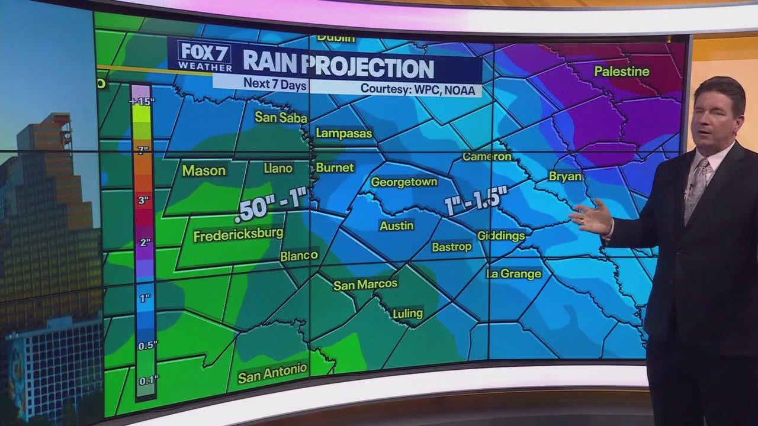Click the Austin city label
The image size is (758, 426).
(397, 225)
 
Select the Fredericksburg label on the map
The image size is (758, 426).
(238, 235)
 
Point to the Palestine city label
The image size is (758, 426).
(622, 72)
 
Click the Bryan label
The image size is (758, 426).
(566, 176)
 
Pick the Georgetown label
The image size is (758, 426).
(404, 182)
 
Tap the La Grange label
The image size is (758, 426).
(513, 273)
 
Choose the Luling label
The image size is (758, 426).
(408, 313)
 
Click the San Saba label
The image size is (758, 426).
(281, 118)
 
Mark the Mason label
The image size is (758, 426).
(204, 171)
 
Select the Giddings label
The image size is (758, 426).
(501, 235)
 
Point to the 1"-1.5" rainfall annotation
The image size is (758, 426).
(474, 202)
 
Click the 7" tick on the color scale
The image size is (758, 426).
(142, 150)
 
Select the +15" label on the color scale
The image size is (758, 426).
(142, 101)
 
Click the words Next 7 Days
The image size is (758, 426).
(275, 85)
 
